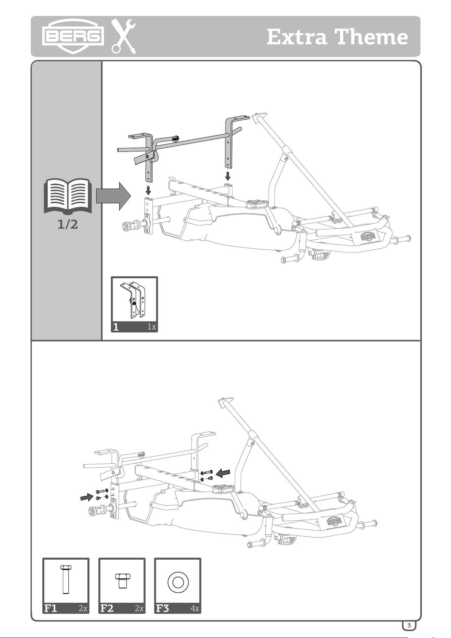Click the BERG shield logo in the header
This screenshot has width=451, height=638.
click(x=73, y=36)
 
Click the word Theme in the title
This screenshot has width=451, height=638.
click(x=372, y=37)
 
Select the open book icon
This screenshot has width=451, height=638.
click(x=68, y=196)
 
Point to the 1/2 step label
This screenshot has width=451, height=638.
click(x=68, y=225)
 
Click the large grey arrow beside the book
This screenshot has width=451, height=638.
click(x=113, y=196)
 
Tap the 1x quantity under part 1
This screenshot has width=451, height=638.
click(x=152, y=327)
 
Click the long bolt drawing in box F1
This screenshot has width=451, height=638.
click(x=65, y=579)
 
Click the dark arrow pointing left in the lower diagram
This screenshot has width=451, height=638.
click(x=223, y=473)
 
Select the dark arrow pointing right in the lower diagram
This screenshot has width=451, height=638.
click(x=87, y=497)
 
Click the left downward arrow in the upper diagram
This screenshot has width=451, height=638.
click(x=148, y=190)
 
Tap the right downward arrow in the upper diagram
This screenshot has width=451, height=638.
click(x=228, y=176)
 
